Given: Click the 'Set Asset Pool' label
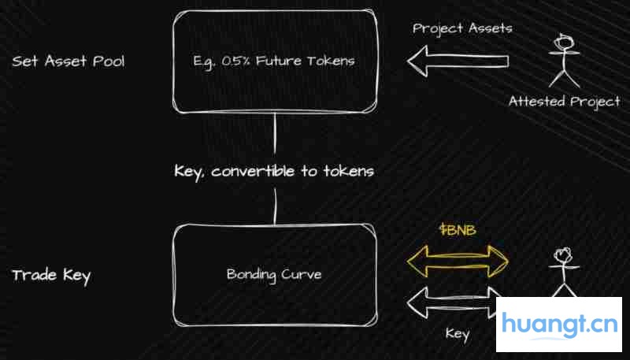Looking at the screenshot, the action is pos(69,61).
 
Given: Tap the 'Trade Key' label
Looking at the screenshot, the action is pos(51,276).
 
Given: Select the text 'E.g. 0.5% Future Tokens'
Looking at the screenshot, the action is pos(274,61).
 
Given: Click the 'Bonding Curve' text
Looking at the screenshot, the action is pos(274,275).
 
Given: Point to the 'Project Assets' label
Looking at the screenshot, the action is pos(462,28).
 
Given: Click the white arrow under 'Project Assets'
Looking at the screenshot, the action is pos(458,61).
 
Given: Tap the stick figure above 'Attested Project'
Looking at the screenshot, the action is pos(564,61).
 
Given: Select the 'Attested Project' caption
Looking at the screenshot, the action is pos(564,102).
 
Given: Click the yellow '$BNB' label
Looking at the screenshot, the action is pos(458,230).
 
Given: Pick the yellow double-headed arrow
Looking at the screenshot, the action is pos(458,262).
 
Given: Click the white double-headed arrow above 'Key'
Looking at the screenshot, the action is pos(452,302).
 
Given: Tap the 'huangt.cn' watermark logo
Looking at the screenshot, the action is pos(559,325).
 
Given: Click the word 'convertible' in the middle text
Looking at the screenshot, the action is pos(253,172).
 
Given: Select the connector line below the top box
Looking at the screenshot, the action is pos(275,133).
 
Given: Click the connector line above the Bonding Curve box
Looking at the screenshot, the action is pos(275,206).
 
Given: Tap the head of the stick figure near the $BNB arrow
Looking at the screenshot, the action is pos(564,255).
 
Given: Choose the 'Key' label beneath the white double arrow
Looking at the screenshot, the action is pos(458,334).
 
